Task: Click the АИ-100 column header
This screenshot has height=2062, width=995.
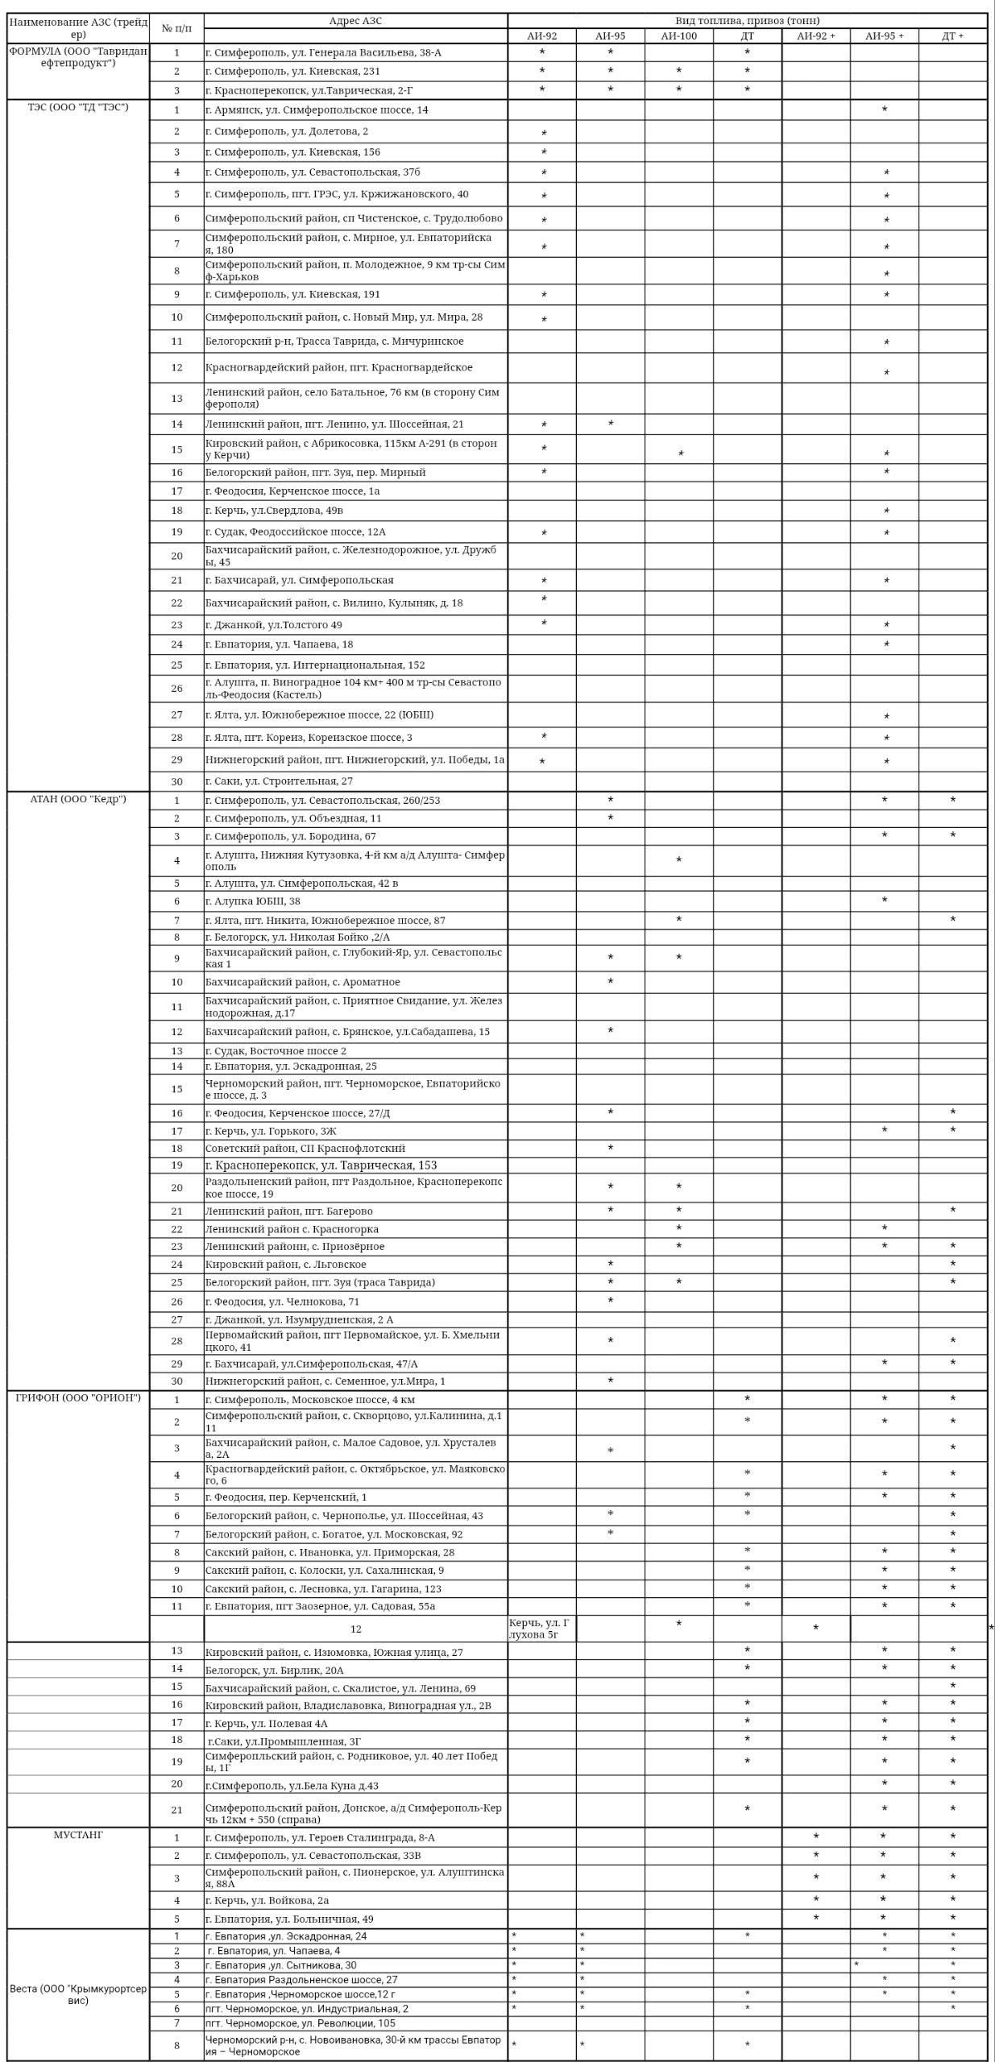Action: pos(678,35)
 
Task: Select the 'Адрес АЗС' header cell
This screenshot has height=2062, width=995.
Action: pos(355,21)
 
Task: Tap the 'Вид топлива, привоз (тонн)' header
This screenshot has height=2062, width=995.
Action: pos(747,21)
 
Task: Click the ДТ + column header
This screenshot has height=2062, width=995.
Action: pos(952,35)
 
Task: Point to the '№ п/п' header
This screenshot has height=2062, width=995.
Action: pos(176,28)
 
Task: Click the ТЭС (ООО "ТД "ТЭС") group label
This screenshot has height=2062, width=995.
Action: pos(78,107)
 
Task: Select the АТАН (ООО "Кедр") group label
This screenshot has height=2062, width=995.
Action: pos(78,799)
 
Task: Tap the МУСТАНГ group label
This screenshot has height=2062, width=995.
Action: pos(78,1835)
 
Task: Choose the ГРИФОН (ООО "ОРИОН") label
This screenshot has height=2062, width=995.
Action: pos(78,1397)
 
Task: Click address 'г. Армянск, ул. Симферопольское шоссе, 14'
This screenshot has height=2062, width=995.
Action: pos(317,110)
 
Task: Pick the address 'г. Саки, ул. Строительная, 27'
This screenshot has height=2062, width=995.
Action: pos(279,780)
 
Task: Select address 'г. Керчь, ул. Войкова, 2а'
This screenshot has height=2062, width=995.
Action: pos(267,1900)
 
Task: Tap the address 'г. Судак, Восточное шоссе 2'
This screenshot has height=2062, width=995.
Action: pos(276,1050)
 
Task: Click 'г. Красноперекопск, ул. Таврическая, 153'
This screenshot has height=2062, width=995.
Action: pos(321,1165)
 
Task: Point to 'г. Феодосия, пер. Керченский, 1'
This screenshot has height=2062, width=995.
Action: pos(286,1497)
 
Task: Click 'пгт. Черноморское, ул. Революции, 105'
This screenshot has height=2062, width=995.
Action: pos(300,2023)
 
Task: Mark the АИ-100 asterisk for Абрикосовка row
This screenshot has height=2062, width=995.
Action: pos(681,454)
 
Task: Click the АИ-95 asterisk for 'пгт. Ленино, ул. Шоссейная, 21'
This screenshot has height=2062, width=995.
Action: pos(611,424)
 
